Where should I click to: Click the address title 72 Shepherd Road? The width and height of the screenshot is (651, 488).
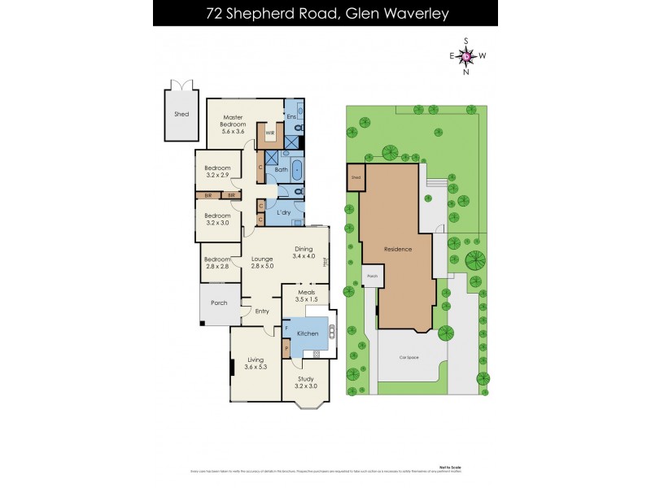coord(325,14)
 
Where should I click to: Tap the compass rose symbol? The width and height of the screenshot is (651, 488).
coord(465,55)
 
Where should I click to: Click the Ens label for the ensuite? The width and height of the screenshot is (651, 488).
coord(291,117)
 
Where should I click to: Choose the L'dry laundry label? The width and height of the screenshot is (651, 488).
coord(284,212)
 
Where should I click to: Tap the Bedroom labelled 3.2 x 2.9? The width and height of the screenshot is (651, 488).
coord(217,172)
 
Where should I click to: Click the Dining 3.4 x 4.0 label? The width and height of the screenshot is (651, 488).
coord(306,253)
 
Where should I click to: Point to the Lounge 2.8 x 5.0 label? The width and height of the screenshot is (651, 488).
coord(261,262)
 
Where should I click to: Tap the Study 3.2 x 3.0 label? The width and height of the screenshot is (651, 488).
coord(305,382)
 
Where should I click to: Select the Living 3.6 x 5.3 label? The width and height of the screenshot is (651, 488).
coord(256,364)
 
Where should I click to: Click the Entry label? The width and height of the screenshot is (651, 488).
coord(261,311)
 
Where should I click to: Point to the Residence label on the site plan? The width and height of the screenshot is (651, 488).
coord(398,249)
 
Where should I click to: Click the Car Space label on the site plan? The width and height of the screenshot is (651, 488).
coord(409,357)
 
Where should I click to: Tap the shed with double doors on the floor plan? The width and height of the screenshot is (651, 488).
coord(181,113)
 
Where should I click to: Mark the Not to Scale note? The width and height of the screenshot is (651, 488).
coord(449,467)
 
